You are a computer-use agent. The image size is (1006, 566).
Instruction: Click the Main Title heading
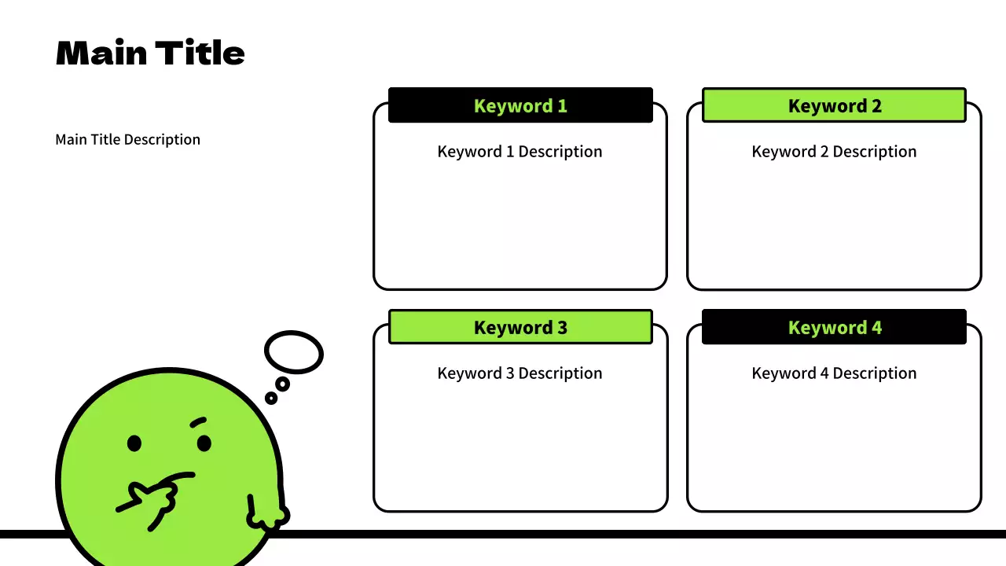[x=150, y=53]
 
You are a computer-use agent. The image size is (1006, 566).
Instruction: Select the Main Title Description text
[x=128, y=140]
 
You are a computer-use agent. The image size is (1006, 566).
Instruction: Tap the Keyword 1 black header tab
[x=520, y=105]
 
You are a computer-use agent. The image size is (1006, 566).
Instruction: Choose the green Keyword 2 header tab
[x=834, y=105]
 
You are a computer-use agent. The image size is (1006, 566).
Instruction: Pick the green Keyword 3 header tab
[x=520, y=327]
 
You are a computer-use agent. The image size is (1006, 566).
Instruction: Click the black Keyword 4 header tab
[x=834, y=327]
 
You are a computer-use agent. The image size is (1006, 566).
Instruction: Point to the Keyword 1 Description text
[x=520, y=152]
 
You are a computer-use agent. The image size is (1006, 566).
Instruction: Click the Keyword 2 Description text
[x=834, y=152]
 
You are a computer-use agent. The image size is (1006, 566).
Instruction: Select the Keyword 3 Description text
[x=520, y=373]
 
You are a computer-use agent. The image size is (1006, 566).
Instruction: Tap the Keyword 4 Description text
[x=834, y=373]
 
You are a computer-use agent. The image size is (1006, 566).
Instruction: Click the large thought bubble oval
[x=294, y=352]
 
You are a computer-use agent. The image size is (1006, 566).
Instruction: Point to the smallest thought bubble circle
[x=271, y=398]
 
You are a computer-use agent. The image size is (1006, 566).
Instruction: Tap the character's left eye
[x=134, y=444]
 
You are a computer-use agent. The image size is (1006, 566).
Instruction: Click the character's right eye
[x=204, y=443]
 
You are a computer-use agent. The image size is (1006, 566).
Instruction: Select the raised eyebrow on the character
[x=198, y=422]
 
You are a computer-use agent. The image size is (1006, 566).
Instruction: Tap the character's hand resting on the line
[x=267, y=515]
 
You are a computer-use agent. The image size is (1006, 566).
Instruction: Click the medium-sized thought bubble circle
[x=282, y=384]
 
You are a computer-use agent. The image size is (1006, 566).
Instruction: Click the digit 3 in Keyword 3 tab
[x=562, y=327]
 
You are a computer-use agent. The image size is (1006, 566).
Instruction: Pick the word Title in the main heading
[x=200, y=53]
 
